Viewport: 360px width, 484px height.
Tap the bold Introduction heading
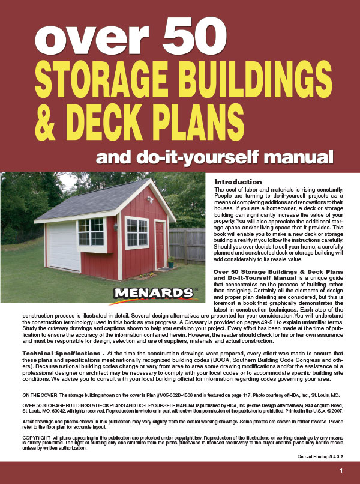click(238, 182)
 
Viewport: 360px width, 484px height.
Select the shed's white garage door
click(62, 246)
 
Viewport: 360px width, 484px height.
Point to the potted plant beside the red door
click(171, 261)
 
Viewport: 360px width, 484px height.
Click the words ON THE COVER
click(41, 396)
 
